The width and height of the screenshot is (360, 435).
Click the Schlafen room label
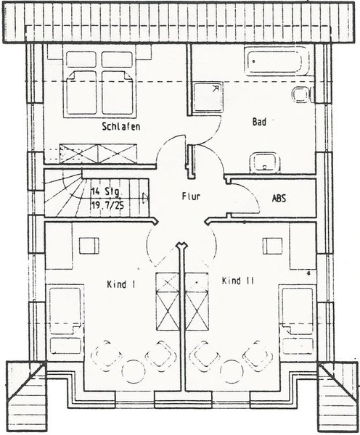click(x=120, y=126)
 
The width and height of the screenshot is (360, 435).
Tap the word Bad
click(x=259, y=122)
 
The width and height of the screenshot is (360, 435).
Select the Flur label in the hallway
click(x=191, y=196)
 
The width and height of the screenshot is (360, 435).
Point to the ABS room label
click(x=279, y=199)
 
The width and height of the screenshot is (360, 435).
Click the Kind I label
click(x=121, y=284)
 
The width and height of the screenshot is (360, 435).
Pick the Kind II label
click(x=238, y=281)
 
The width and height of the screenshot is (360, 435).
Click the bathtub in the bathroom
click(x=277, y=61)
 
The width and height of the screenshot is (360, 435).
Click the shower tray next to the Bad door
click(x=208, y=97)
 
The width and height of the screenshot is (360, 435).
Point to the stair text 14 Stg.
click(x=106, y=191)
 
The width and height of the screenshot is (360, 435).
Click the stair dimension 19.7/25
click(x=107, y=206)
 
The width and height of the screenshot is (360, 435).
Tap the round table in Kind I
click(x=134, y=371)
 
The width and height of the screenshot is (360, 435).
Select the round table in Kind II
click(x=232, y=371)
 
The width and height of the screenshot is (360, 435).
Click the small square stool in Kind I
click(x=89, y=246)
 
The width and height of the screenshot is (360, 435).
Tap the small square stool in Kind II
click(x=273, y=246)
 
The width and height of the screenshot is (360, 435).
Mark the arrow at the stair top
click(x=145, y=197)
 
